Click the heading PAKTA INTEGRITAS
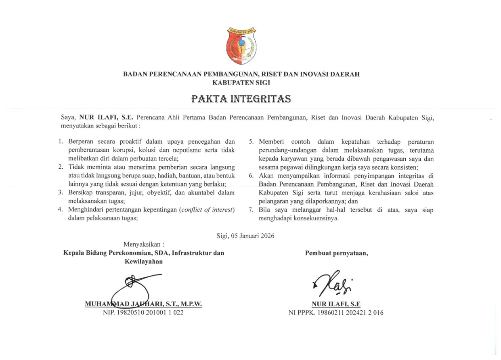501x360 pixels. [241, 99]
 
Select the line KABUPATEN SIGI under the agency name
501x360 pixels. [241, 82]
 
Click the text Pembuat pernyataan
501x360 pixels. [336, 253]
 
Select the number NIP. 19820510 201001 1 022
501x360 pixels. [143, 313]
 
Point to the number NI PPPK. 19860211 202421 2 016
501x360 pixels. [336, 313]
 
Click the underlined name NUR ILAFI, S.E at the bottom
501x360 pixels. [336, 304]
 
